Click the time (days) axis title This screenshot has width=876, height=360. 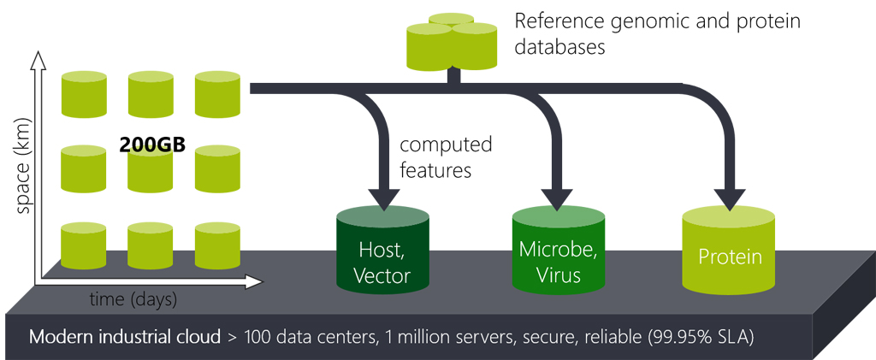(x=133, y=300)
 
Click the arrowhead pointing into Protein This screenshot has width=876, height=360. (x=729, y=199)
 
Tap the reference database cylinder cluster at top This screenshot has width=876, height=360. (x=452, y=41)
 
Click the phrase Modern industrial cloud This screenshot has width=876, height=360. (x=125, y=336)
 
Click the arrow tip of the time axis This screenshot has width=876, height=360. (x=258, y=281)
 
